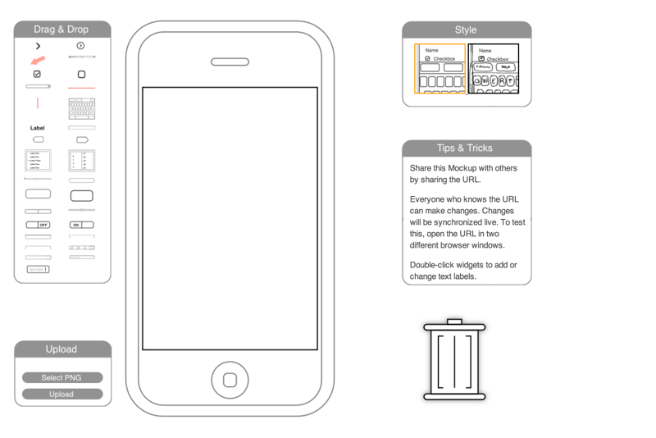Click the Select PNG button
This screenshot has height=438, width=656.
(x=62, y=377)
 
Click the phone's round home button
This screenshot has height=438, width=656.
(x=230, y=380)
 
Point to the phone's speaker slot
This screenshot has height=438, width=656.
(x=230, y=62)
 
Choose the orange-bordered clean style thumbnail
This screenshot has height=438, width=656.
(x=440, y=69)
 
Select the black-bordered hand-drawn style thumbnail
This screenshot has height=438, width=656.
(x=494, y=69)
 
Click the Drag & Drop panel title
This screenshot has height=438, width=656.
(x=61, y=30)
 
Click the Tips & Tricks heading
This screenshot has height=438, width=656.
(x=465, y=148)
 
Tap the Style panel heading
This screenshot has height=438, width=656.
(x=466, y=30)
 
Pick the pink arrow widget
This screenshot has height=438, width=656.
(x=38, y=60)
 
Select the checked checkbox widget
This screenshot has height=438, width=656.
(x=37, y=74)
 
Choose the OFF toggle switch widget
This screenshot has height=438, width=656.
(x=38, y=225)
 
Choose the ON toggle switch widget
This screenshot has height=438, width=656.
(x=81, y=225)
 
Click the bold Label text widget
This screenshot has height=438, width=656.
(x=37, y=128)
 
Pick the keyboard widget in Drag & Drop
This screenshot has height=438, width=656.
(x=81, y=108)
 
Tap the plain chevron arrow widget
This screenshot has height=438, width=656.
(x=38, y=46)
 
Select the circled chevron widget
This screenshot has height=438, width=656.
(x=81, y=46)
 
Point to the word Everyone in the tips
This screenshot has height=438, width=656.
(x=430, y=199)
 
